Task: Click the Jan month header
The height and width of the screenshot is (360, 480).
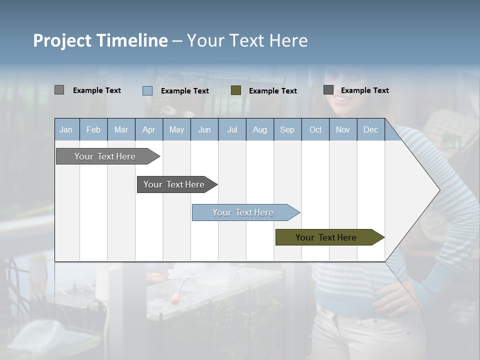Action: (x=66, y=129)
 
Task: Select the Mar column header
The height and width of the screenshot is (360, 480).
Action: (x=121, y=129)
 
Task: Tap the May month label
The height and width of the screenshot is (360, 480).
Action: (x=176, y=129)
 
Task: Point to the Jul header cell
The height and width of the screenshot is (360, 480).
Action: (x=232, y=129)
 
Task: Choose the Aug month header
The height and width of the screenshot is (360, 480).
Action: (x=259, y=129)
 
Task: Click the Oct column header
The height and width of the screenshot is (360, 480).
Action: (x=315, y=129)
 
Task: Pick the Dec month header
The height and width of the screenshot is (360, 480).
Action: (x=370, y=129)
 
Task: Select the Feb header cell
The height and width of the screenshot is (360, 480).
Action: (x=93, y=129)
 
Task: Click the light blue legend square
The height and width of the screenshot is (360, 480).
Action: (x=147, y=90)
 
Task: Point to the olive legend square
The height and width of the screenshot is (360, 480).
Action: (x=236, y=90)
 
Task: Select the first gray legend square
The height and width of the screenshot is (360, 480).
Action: (x=59, y=90)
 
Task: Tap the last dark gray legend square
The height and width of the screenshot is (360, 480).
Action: (x=328, y=90)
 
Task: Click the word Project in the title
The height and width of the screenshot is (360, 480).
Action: (x=62, y=40)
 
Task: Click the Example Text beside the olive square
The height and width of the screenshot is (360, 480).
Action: (x=273, y=91)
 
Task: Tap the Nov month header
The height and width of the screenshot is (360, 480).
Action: (x=343, y=129)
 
